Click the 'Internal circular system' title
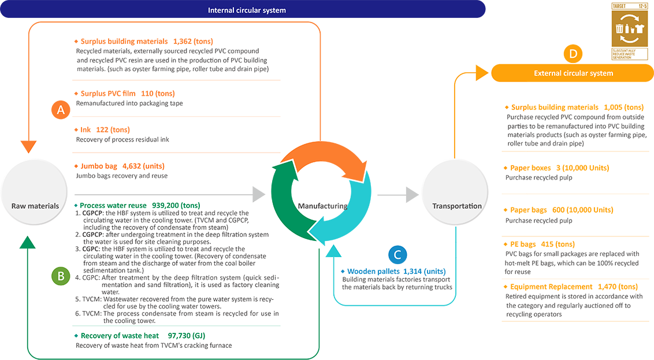click(x=247, y=10)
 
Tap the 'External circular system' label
click(x=573, y=73)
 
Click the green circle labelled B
click(x=60, y=276)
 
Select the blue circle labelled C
click(x=396, y=254)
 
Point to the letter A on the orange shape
click(x=61, y=110)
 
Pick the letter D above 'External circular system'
click(x=573, y=54)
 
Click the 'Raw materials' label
click(x=35, y=206)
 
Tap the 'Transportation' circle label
click(x=457, y=206)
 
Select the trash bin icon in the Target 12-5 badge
click(x=619, y=28)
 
